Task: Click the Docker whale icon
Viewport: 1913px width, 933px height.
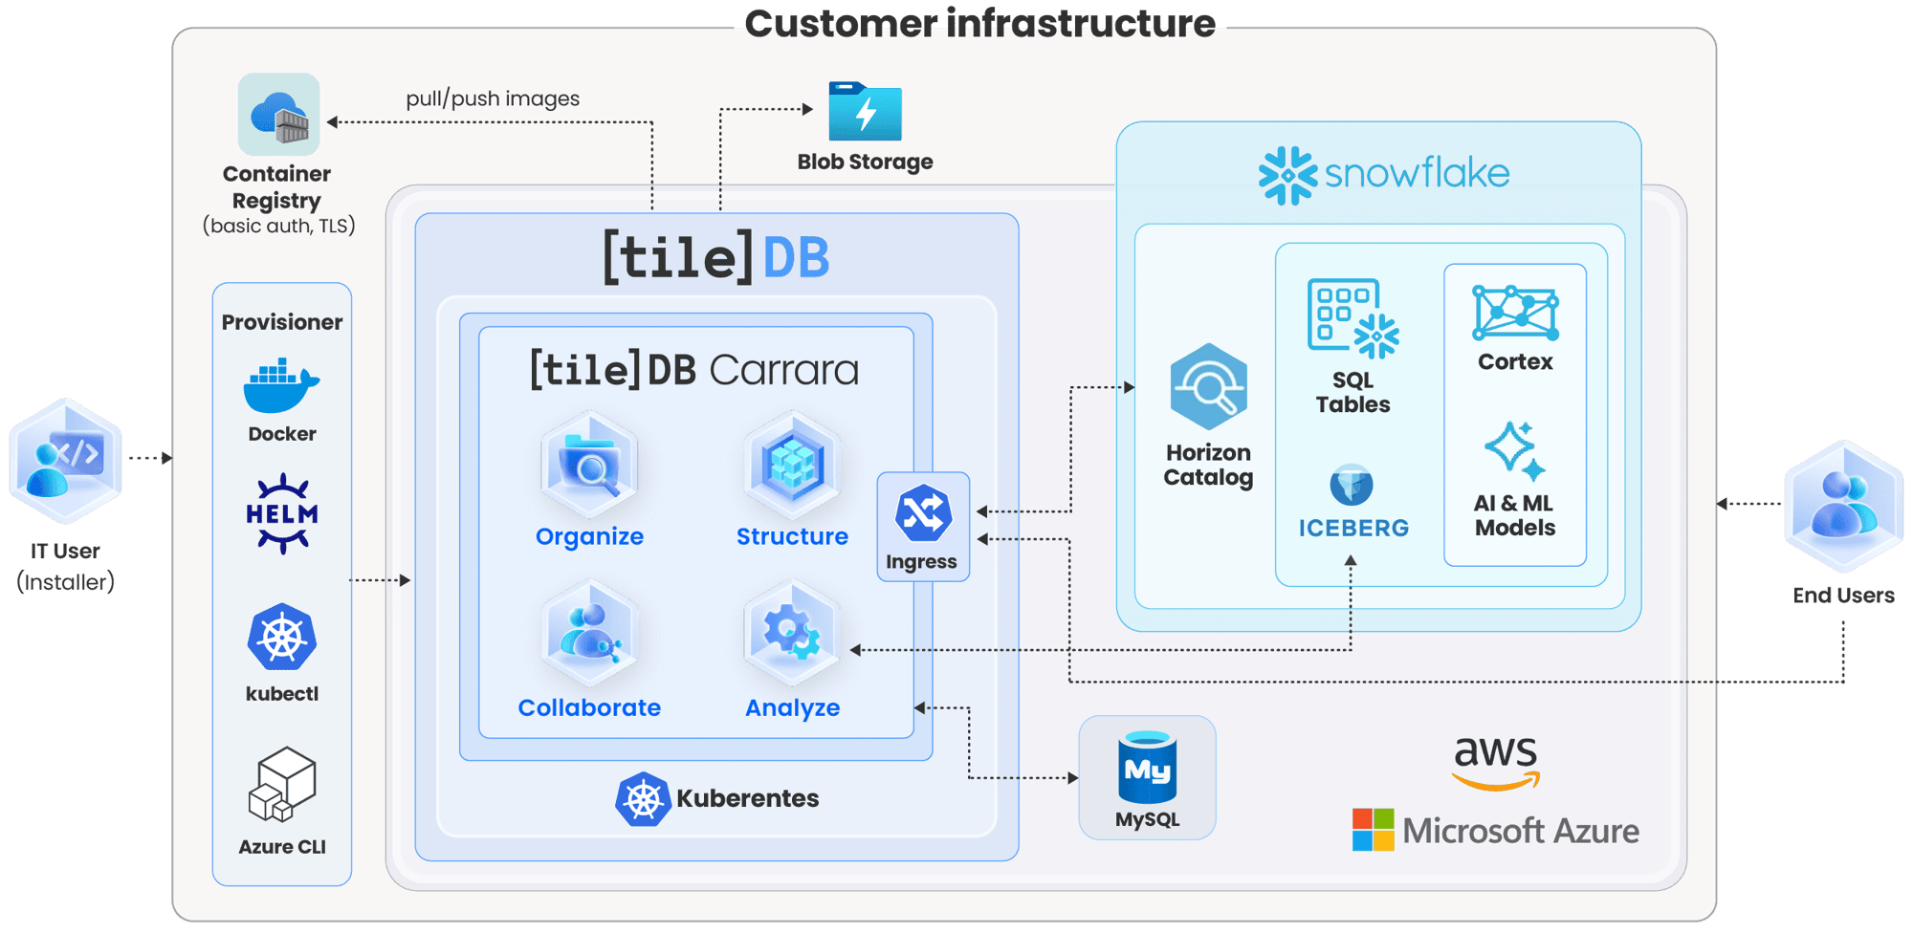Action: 281,385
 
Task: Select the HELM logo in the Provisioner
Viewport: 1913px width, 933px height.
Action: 282,513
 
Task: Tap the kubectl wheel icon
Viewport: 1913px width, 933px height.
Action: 281,638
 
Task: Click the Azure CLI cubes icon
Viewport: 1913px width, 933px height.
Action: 282,785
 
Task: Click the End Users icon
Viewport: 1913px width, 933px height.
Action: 1843,506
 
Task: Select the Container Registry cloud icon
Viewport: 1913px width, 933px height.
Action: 278,115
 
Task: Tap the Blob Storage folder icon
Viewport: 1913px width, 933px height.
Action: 865,112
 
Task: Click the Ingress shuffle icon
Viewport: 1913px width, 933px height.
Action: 923,513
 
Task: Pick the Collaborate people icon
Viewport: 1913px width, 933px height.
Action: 589,634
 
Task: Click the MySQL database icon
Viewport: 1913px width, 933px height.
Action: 1147,768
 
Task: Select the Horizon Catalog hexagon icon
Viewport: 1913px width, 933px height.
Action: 1208,386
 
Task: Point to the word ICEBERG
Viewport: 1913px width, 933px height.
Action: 1352,528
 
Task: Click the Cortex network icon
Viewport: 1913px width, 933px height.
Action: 1515,313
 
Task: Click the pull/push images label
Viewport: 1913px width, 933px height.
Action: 493,98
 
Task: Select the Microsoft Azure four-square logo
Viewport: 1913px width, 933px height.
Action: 1373,830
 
